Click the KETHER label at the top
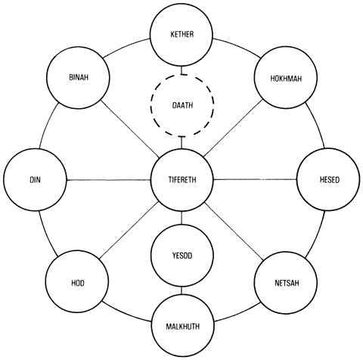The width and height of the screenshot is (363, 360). click(182, 34)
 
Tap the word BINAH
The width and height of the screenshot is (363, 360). click(79, 77)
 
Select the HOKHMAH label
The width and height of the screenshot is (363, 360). click(286, 79)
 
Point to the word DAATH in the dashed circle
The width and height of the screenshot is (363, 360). click(182, 105)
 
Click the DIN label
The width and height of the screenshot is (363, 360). click(35, 180)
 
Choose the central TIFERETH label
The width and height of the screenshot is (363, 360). click(182, 180)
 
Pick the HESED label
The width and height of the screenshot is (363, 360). click(330, 180)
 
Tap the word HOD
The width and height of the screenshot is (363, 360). click(78, 283)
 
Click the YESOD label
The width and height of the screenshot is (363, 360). click(182, 256)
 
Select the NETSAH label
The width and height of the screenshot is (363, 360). click(287, 283)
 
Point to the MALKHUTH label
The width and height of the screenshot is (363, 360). click(182, 327)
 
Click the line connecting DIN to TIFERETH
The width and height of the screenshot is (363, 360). click(109, 180)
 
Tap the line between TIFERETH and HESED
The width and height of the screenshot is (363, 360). click(255, 179)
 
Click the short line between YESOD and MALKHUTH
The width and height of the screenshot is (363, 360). click(182, 290)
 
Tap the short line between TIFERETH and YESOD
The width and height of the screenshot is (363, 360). click(182, 218)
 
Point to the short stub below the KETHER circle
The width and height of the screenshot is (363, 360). click(182, 70)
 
